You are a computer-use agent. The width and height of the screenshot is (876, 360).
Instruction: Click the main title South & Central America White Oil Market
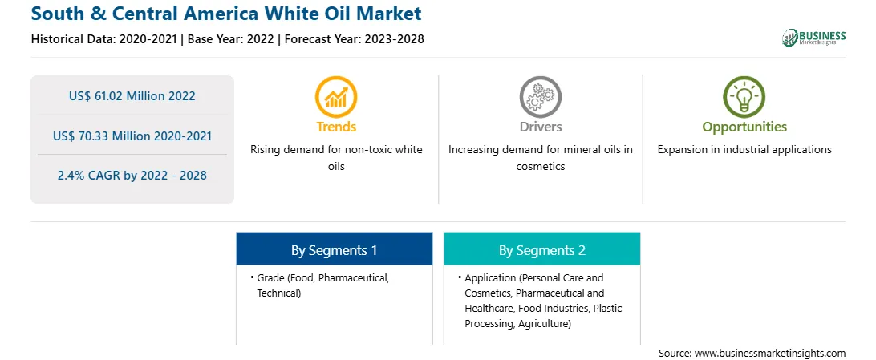226,13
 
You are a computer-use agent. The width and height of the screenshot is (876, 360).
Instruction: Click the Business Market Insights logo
813,38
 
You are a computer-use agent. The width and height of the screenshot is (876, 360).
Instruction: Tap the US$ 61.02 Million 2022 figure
132,96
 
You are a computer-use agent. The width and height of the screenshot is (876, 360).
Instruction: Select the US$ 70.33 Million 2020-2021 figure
132,136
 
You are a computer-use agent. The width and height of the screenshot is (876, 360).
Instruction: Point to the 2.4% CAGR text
132,176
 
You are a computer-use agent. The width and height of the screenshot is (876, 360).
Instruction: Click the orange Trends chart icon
336,97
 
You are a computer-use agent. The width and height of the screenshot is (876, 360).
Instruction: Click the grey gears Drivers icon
540,97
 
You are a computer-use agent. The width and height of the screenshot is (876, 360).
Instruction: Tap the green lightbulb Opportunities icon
744,97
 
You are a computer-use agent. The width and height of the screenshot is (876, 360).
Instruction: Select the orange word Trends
336,127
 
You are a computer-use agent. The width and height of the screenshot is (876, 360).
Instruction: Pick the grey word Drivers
541,127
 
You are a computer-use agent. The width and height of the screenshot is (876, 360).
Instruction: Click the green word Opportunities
744,127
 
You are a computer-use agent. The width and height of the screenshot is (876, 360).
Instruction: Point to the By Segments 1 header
334,250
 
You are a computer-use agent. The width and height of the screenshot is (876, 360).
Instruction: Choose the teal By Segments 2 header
542,250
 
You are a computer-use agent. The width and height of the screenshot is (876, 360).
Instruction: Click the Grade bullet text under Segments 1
323,285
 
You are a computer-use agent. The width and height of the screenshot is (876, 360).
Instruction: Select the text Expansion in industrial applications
744,150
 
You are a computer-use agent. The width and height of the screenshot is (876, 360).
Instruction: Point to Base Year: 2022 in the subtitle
231,39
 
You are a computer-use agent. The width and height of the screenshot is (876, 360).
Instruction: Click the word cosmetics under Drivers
541,166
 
